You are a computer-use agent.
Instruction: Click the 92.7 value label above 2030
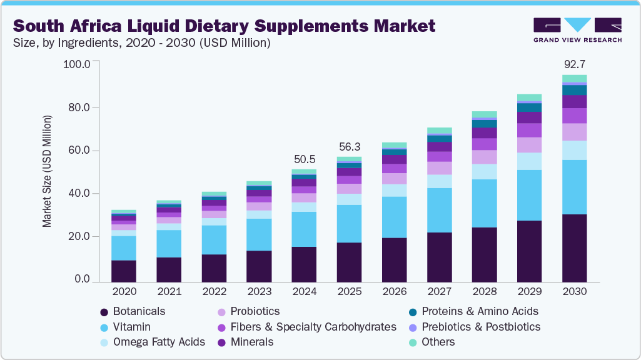point(574,64)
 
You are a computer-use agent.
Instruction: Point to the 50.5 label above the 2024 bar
point(304,159)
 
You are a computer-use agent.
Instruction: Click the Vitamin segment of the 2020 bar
point(124,248)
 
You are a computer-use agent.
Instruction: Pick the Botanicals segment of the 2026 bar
point(394,260)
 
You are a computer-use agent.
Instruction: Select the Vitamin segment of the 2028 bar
point(484,203)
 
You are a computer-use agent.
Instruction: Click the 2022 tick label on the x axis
point(214,292)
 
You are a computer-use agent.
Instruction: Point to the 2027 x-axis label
point(439,292)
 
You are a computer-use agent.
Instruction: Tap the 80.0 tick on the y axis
point(79,107)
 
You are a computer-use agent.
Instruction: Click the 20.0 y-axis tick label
point(79,237)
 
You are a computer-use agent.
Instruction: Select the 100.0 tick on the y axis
point(77,64)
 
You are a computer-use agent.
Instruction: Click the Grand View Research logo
point(577,29)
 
